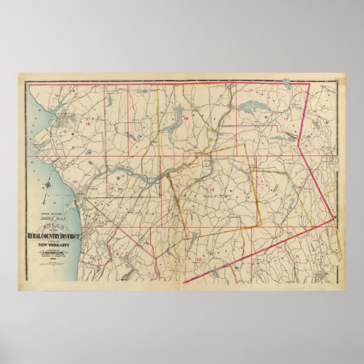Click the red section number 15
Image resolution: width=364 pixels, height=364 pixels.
88,123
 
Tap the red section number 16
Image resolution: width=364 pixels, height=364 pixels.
185,119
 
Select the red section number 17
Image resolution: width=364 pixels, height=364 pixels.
286,119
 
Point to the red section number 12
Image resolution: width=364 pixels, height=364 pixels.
111,189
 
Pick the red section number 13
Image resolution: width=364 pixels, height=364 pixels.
212,189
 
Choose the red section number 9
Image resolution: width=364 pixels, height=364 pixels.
117,254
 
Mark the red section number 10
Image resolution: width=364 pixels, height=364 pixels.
199,259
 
